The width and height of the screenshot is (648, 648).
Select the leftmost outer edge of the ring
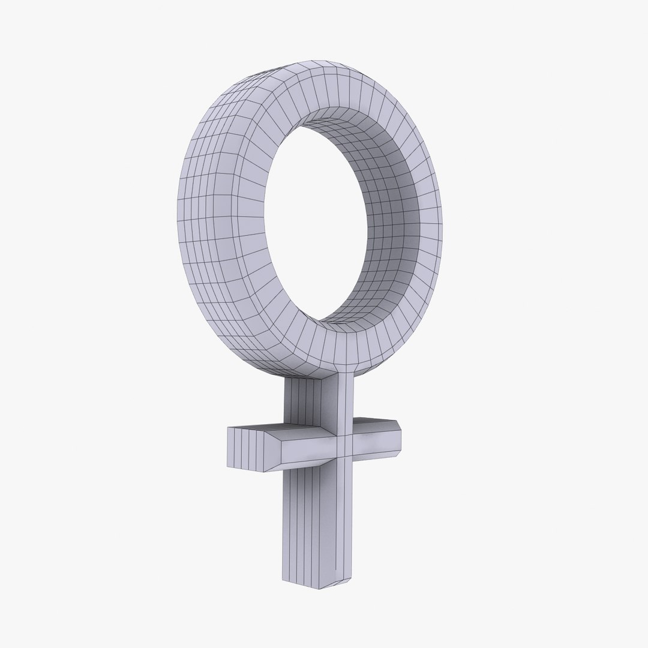coord(178,210)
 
